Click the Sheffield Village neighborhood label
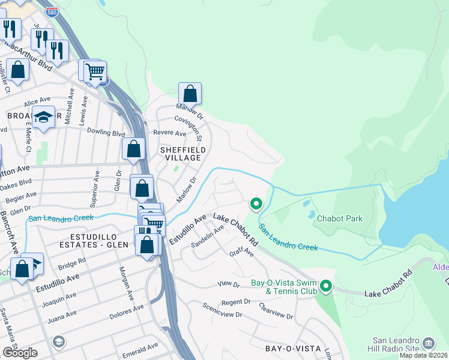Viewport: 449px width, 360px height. (183, 153)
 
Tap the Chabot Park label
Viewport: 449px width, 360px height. (339, 218)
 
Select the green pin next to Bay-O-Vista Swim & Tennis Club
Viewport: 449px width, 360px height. (326, 286)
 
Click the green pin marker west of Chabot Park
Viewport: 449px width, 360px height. (256, 204)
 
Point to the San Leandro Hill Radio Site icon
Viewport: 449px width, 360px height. (429, 343)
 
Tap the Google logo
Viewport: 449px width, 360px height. (19, 352)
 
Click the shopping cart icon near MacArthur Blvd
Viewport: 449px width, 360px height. (95, 72)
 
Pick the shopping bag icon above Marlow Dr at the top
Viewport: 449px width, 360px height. (190, 94)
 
